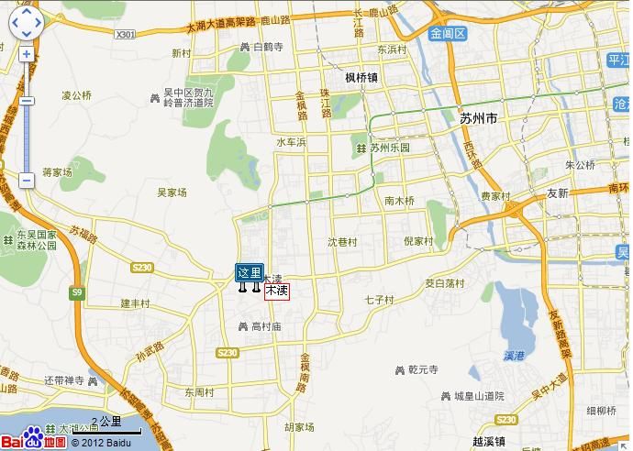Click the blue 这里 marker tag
click(x=250, y=272)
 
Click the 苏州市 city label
click(x=478, y=118)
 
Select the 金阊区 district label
click(x=448, y=34)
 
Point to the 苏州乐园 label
click(x=384, y=148)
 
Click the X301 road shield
click(x=126, y=35)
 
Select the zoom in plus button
click(x=26, y=54)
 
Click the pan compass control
click(x=26, y=24)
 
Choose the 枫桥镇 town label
click(x=361, y=78)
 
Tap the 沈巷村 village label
click(x=342, y=242)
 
